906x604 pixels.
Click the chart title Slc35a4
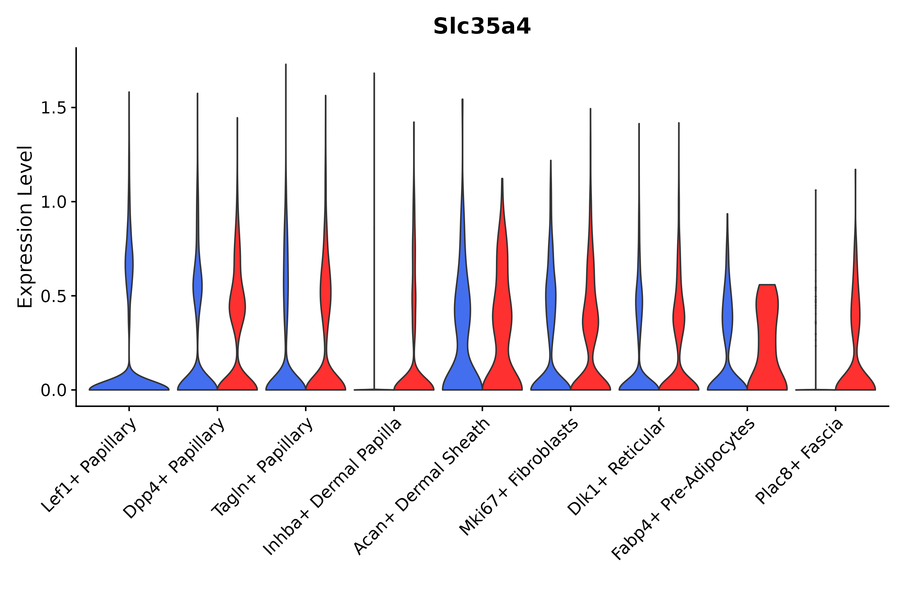[482, 27]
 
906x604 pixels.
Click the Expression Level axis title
[25, 226]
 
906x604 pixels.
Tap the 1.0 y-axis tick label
[53, 202]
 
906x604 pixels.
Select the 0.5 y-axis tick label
[53, 297]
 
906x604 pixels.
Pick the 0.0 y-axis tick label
[53, 391]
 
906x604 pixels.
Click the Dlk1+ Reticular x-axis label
[617, 466]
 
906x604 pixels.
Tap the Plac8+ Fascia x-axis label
[800, 461]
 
